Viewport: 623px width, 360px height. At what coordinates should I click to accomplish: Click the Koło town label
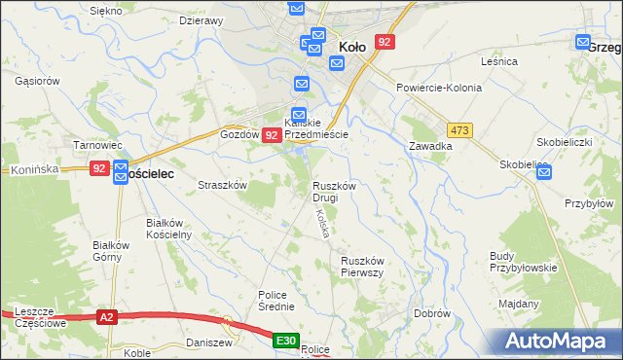pos(351,46)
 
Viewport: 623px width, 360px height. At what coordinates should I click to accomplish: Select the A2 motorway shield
pos(108,317)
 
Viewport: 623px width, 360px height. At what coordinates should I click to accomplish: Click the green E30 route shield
pos(285,341)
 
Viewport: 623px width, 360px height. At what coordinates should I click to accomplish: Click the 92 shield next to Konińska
pos(99,168)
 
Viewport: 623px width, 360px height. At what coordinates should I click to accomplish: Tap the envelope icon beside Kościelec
pos(121,173)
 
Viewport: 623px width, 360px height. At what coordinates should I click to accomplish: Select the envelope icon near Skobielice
pos(543,173)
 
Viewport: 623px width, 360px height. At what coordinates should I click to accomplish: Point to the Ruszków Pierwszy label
pos(365,267)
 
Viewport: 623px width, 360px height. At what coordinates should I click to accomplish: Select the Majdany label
pos(519,303)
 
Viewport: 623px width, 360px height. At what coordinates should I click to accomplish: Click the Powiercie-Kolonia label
pos(439,88)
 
